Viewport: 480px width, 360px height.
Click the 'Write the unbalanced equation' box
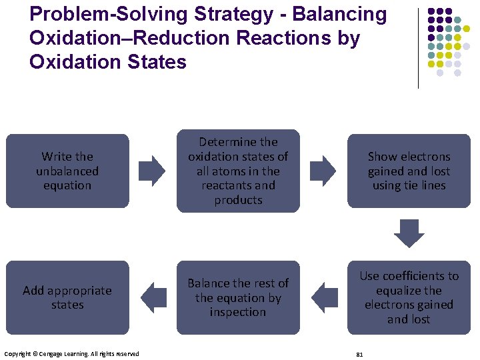[x=67, y=171]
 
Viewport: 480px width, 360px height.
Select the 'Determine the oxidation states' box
[x=238, y=171]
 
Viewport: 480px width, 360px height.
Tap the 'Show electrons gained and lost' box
[x=409, y=171]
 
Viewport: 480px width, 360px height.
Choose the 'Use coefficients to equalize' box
[x=409, y=297]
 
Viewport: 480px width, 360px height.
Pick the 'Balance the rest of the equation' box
[x=238, y=297]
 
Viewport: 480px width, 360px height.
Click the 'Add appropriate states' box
[x=67, y=297]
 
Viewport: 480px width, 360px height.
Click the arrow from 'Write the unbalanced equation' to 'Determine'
[x=154, y=171]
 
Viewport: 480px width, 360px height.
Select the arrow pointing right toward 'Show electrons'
[x=324, y=171]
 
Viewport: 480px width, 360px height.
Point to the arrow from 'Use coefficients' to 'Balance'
[x=324, y=297]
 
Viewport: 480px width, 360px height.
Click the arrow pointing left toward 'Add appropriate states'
[x=154, y=297]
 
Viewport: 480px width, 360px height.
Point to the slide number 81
[x=359, y=353]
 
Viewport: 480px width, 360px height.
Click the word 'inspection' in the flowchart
[x=238, y=312]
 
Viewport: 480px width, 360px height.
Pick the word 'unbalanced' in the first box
[x=67, y=171]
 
